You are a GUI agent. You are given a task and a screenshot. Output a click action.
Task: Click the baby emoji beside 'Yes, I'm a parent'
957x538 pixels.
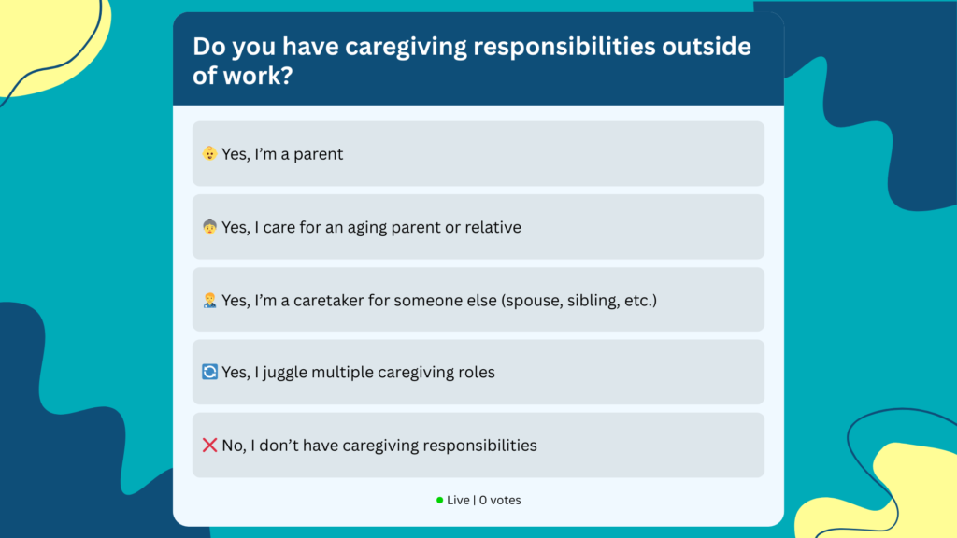pos(209,153)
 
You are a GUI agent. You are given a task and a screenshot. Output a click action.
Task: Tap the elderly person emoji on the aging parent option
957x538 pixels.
pos(209,227)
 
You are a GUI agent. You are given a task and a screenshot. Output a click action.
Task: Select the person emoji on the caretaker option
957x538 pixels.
pos(209,300)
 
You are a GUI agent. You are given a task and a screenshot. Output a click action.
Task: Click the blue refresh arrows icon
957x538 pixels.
pos(209,372)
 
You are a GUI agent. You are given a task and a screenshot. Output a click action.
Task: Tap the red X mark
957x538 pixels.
pos(209,445)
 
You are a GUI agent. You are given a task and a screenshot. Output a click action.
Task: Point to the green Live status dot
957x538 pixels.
pos(439,501)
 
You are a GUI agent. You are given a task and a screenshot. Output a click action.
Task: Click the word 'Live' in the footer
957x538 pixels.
pos(458,501)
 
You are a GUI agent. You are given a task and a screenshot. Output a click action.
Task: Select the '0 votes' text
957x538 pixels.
pos(500,501)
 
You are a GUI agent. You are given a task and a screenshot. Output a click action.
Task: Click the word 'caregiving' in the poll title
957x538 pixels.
pos(406,47)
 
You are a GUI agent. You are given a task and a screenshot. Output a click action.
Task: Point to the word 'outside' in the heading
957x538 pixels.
pos(707,47)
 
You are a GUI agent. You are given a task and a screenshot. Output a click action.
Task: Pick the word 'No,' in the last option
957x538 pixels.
pos(234,446)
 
